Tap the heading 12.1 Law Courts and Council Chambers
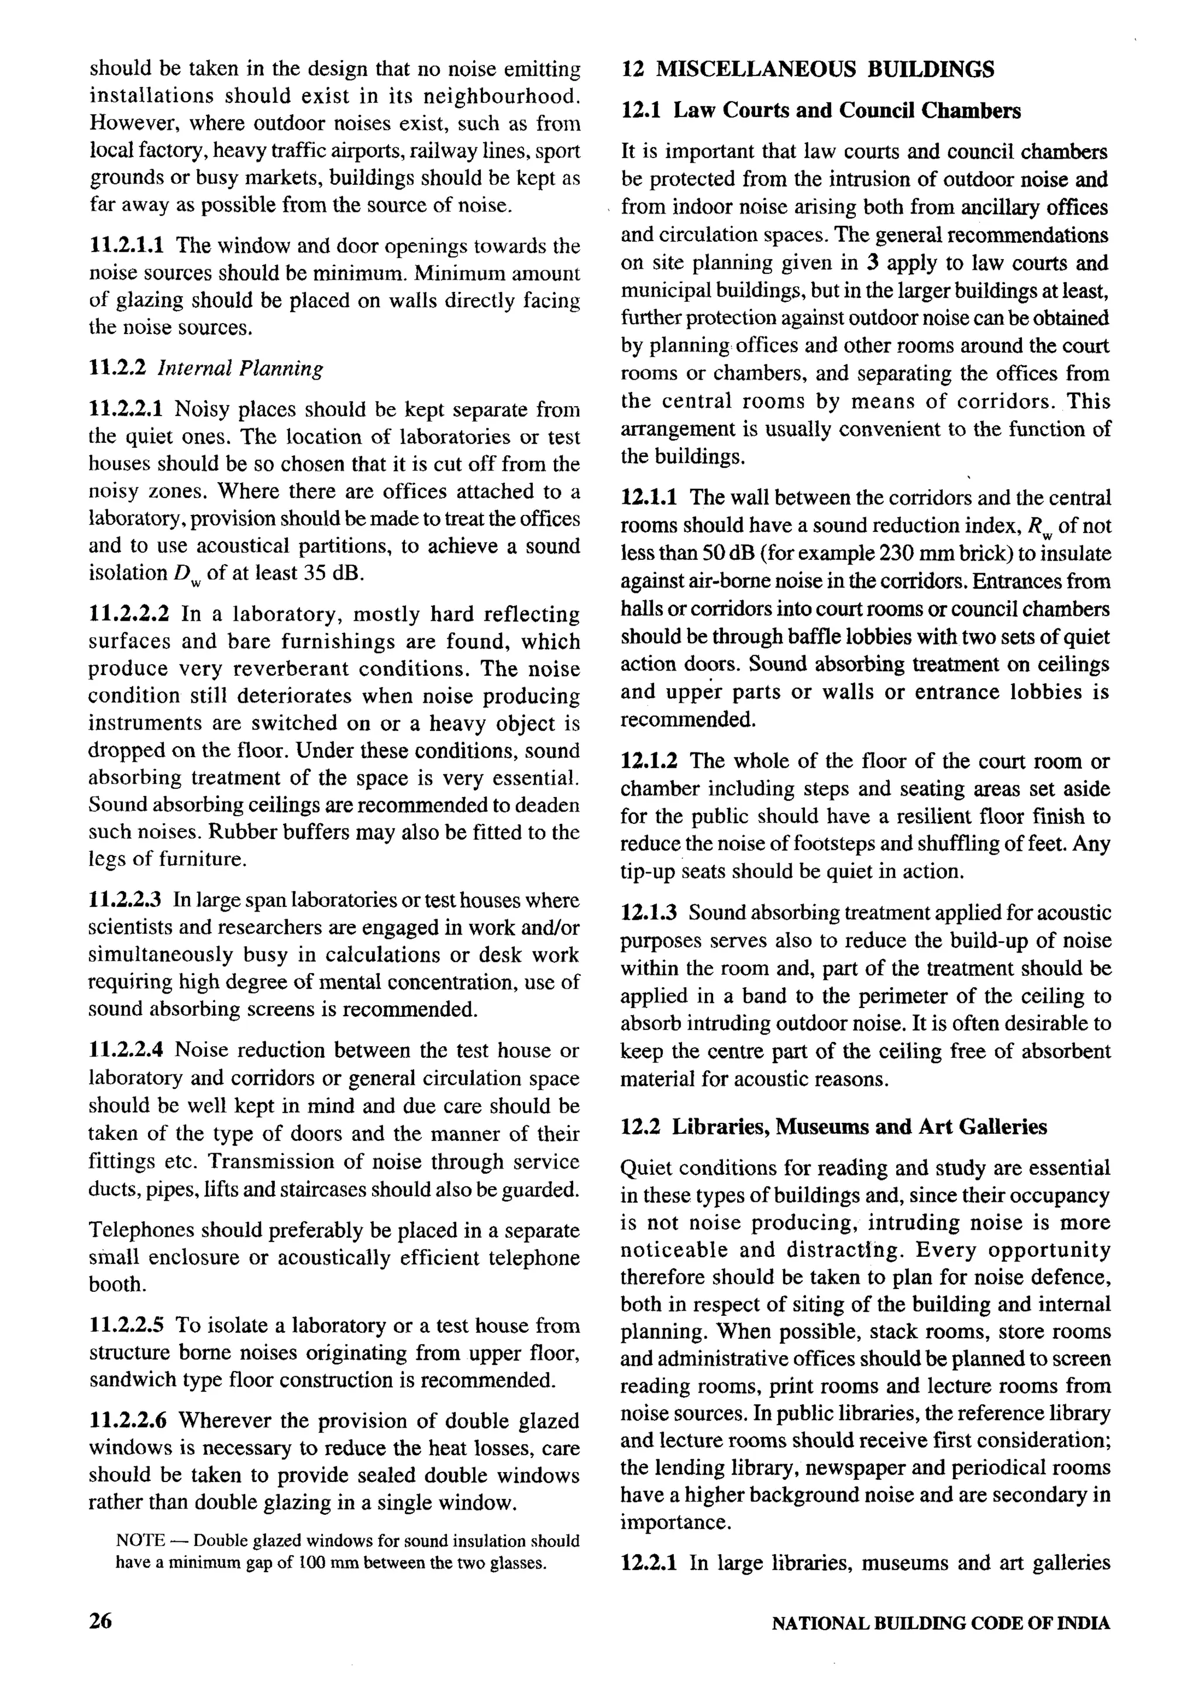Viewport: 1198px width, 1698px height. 821,111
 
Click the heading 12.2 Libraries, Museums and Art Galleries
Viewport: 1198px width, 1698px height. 834,1126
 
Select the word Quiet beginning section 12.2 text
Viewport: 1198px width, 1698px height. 646,1168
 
